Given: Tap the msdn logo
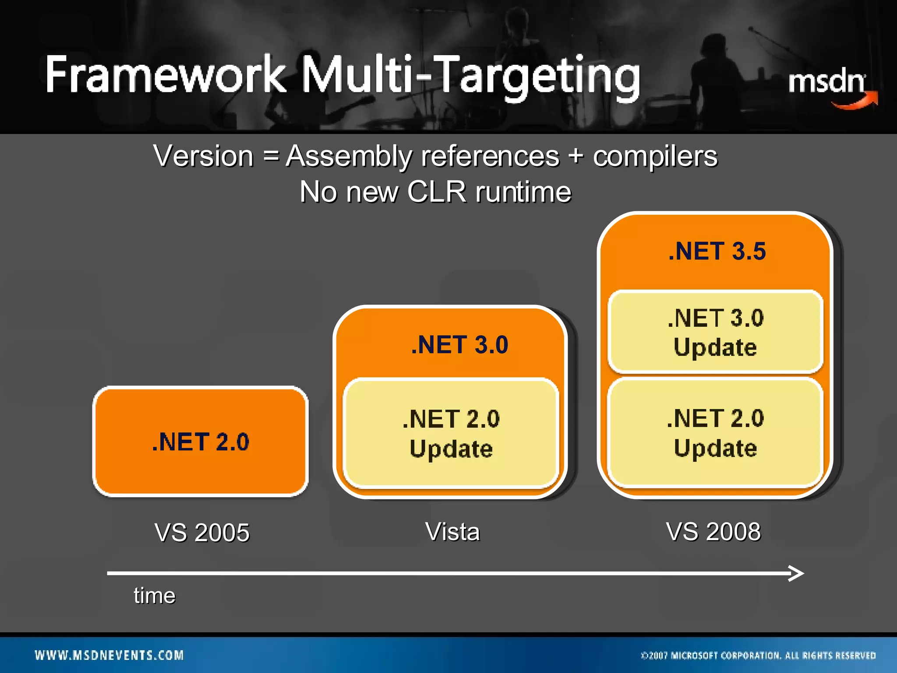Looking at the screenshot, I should coord(830,86).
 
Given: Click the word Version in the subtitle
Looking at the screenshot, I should coord(203,156).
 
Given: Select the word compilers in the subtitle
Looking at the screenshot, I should coord(655,156).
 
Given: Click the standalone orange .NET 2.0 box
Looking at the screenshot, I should coord(201,441).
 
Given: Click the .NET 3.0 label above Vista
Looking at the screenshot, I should coord(459,344).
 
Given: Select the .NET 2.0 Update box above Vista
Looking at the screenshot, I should coord(451,434).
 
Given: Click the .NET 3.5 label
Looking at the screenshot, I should coord(717,251).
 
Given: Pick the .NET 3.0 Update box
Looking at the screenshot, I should coord(715,332).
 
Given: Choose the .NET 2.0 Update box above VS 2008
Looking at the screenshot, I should coord(715,433).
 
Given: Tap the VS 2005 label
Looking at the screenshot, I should coord(202,533).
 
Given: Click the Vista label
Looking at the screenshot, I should coord(452,532).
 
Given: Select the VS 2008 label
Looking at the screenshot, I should coord(713,532).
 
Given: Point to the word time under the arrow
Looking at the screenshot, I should coord(155,596).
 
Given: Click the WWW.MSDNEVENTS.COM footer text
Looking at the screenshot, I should coord(109,655).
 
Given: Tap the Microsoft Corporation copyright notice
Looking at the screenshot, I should coord(758,655).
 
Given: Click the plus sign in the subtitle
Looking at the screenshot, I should coord(576,156).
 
